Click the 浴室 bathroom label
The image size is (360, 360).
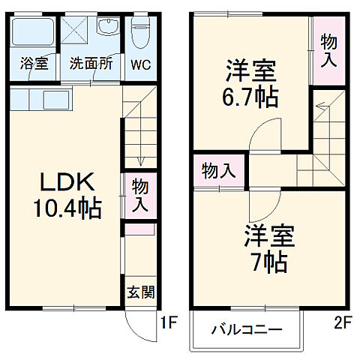(34, 64)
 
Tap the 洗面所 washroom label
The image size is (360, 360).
(91, 64)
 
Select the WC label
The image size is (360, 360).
(139, 64)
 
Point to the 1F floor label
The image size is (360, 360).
(169, 324)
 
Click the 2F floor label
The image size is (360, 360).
(342, 324)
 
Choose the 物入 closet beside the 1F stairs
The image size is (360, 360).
(139, 194)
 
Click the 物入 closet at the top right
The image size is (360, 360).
(328, 50)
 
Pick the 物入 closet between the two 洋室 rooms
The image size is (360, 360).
(219, 170)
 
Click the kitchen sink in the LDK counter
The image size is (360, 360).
(54, 100)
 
